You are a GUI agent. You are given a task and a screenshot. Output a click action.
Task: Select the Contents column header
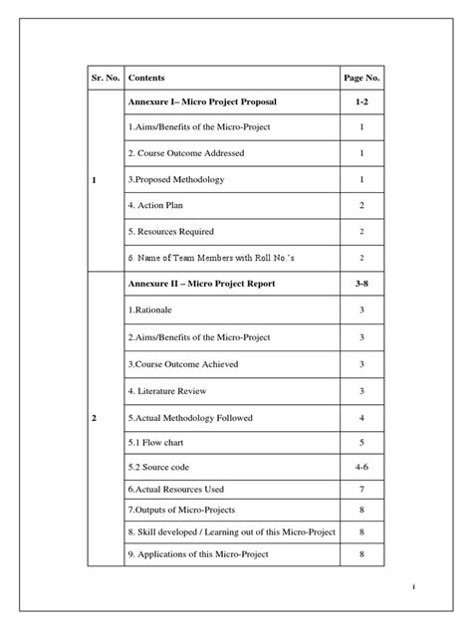click(x=146, y=78)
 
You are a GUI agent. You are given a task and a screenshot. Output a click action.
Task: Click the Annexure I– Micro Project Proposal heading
click(x=202, y=103)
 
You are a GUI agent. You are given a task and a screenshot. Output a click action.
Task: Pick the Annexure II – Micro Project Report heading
click(x=201, y=284)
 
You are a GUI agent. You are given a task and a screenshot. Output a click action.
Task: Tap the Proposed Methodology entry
click(x=175, y=179)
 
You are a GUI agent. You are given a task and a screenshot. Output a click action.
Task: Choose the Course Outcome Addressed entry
click(x=186, y=153)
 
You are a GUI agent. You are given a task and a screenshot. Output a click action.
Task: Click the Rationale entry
click(x=151, y=310)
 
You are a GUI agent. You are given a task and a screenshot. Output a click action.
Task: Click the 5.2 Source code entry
click(x=160, y=466)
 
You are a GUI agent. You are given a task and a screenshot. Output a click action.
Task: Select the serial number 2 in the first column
click(x=94, y=418)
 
